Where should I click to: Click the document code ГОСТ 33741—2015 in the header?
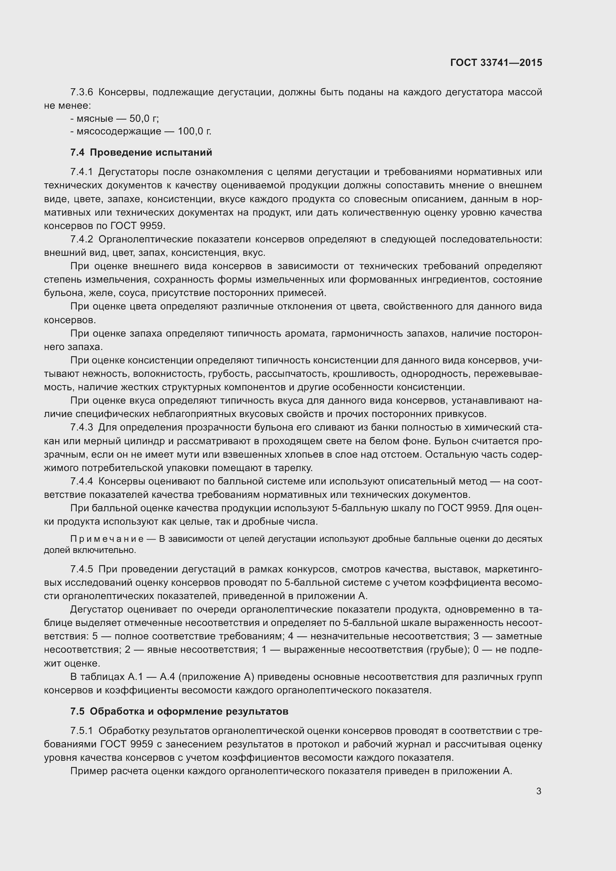(496, 63)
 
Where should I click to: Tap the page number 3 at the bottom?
(539, 791)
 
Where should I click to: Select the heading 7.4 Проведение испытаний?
(141, 153)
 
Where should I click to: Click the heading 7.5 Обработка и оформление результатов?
(179, 711)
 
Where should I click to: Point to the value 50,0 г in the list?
(144, 119)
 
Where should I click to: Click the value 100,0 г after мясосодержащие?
(194, 131)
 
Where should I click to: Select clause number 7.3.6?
(82, 92)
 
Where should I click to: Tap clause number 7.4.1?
(82, 172)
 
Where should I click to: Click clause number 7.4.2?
(82, 239)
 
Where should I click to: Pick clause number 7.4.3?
(82, 427)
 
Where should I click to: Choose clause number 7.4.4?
(82, 481)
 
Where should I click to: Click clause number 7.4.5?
(82, 569)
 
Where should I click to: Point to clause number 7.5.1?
(82, 731)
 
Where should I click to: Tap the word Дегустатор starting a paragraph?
(96, 610)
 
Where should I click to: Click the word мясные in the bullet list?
(95, 119)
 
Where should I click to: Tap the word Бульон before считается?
(451, 441)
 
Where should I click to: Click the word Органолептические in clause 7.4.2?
(146, 239)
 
